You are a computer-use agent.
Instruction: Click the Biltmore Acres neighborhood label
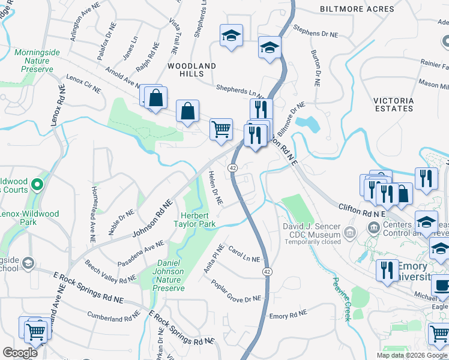pyautogui.click(x=357, y=10)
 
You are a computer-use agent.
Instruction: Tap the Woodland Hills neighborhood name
pyautogui.click(x=191, y=70)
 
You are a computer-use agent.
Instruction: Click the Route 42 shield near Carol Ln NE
pyautogui.click(x=265, y=272)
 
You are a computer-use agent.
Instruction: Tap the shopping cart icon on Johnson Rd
pyautogui.click(x=221, y=128)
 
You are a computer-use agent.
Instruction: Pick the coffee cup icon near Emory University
pyautogui.click(x=441, y=287)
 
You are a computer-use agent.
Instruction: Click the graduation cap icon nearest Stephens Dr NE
pyautogui.click(x=270, y=47)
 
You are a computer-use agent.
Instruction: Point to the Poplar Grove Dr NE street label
pyautogui.click(x=236, y=290)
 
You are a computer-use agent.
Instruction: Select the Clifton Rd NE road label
pyautogui.click(x=362, y=209)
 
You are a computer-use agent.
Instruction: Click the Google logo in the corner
pyautogui.click(x=20, y=352)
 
